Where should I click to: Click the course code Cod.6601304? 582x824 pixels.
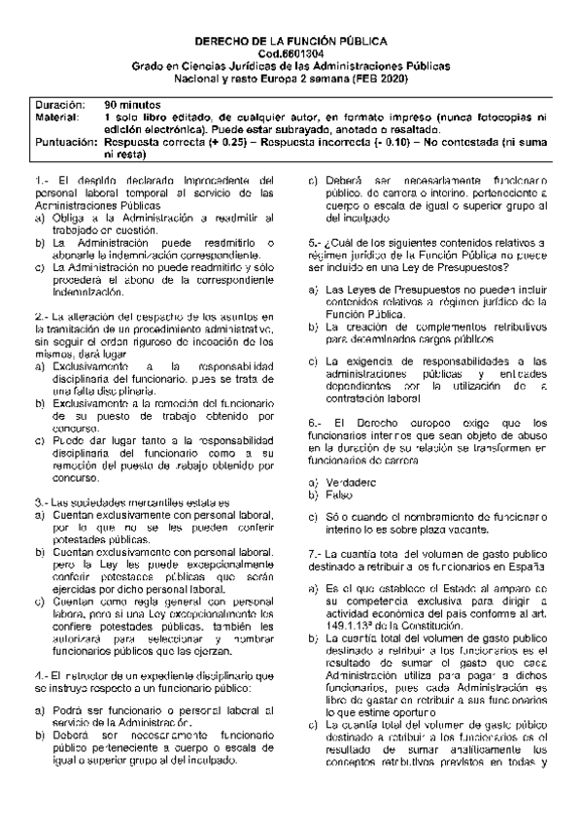(291, 54)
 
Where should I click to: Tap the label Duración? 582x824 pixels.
(59, 103)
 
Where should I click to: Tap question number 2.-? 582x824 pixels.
(42, 317)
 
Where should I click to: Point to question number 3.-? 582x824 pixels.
(42, 500)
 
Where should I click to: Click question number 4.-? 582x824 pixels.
(42, 674)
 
